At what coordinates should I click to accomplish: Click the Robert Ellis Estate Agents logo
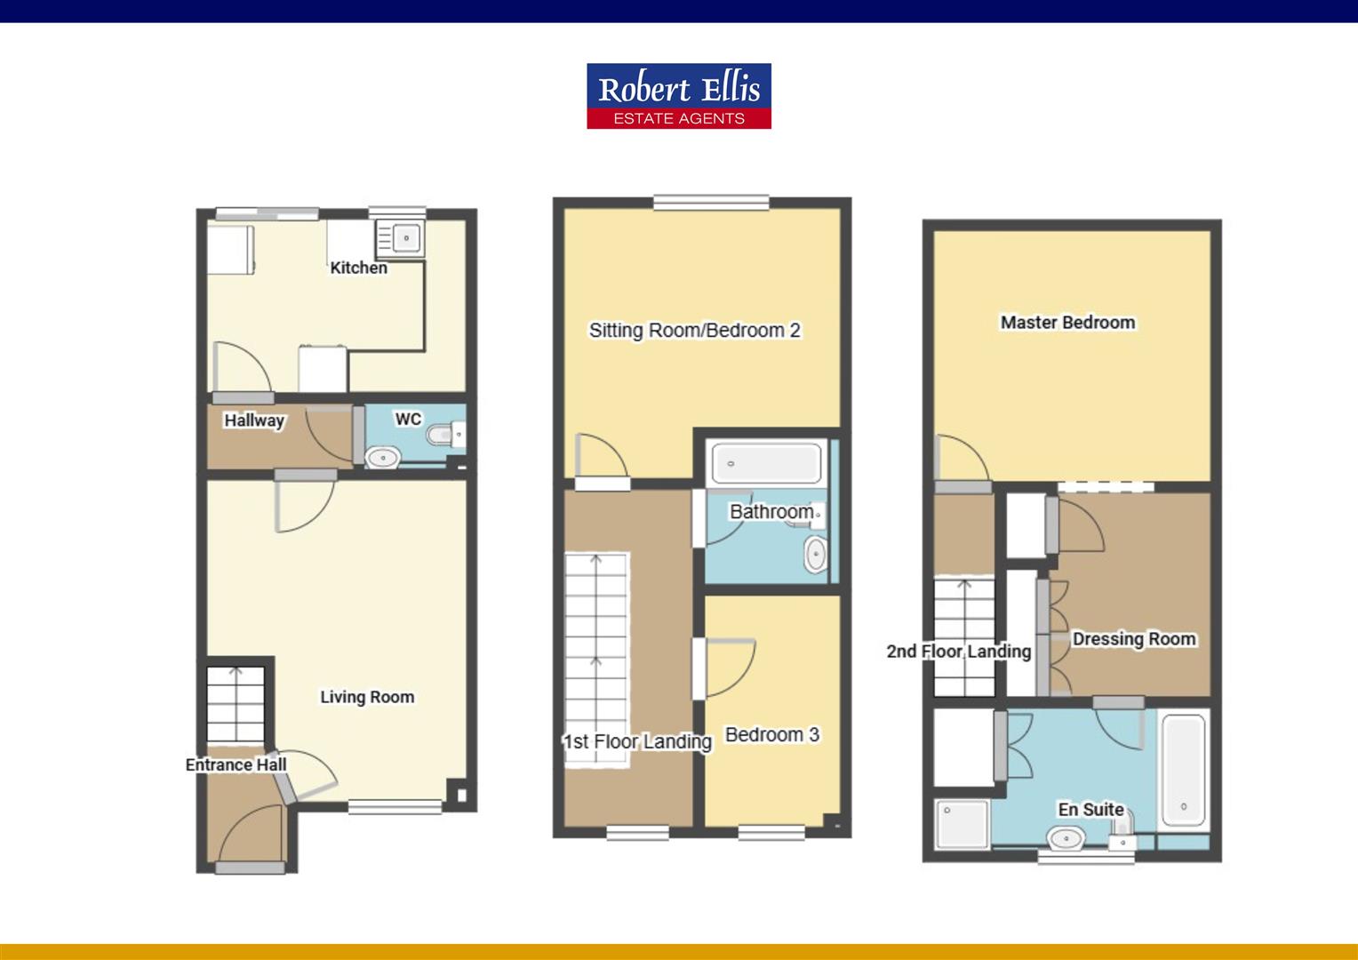tap(678, 96)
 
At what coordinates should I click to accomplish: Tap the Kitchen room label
tap(358, 268)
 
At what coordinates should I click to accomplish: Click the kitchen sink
tap(406, 238)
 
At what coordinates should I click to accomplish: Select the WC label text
tap(408, 419)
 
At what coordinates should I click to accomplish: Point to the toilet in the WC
tap(441, 436)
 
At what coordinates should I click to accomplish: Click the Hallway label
tap(254, 420)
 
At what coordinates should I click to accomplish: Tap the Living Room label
tap(367, 697)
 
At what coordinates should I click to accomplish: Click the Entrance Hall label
tap(236, 764)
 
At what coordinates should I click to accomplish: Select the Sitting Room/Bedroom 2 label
tap(694, 331)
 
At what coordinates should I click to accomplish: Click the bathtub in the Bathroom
tap(766, 463)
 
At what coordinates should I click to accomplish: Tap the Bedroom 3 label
tap(771, 734)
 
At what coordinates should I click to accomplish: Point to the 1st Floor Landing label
tap(637, 741)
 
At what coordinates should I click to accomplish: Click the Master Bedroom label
tap(1067, 323)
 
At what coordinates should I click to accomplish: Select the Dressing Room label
tap(1133, 638)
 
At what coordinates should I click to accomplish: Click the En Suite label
tap(1090, 809)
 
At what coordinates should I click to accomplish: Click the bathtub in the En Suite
tap(1184, 771)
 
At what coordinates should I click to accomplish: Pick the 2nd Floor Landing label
tap(958, 652)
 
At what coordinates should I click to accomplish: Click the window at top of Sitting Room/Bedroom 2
tap(711, 203)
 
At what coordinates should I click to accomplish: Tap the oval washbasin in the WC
tap(383, 458)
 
